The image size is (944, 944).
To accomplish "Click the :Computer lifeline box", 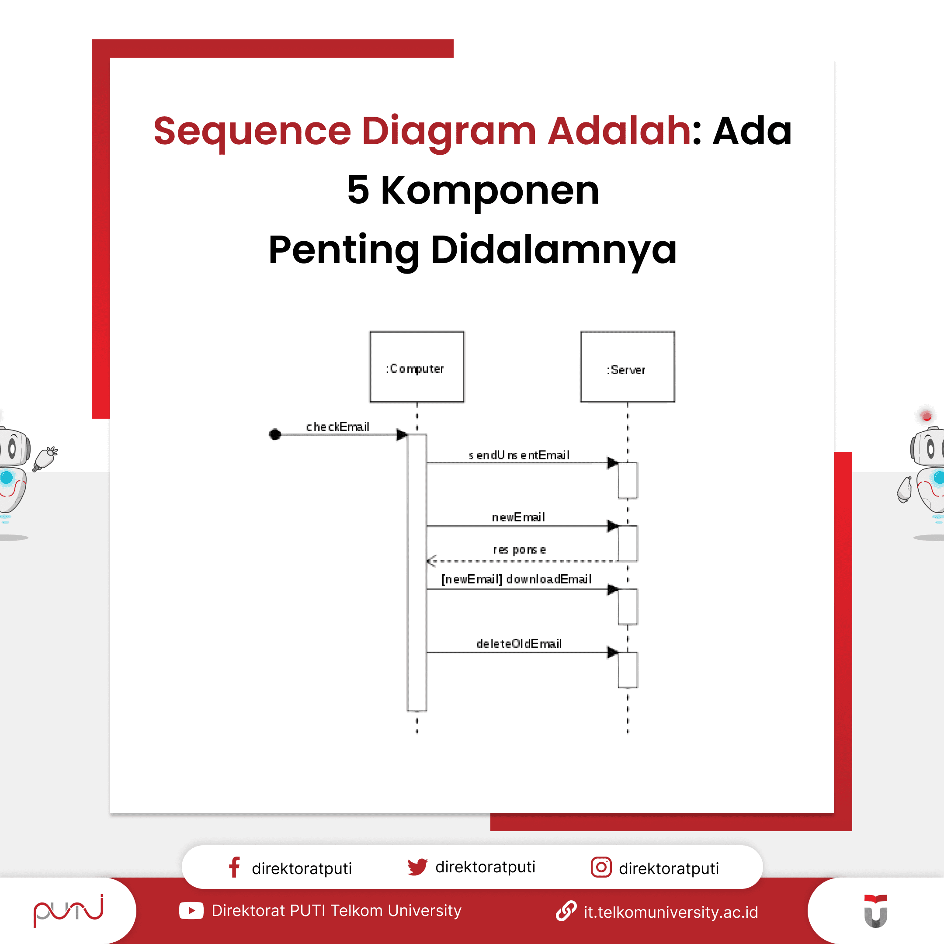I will click(x=416, y=367).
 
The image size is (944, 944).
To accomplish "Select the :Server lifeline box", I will click(x=628, y=367).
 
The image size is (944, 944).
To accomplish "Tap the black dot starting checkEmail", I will click(x=275, y=434).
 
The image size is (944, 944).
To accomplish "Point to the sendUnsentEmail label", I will click(x=519, y=455).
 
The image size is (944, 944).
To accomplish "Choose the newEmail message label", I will click(x=518, y=517).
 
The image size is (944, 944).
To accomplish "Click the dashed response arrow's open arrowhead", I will click(x=430, y=560).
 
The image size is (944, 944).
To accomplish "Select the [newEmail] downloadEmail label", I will click(x=517, y=579).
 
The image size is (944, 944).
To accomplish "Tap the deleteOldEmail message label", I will click(x=519, y=643).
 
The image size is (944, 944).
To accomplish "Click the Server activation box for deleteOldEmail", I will click(x=628, y=670).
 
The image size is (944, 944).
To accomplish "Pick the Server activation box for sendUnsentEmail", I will click(x=628, y=480).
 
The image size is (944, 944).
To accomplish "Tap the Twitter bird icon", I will click(x=417, y=867).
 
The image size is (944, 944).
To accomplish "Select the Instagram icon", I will click(x=601, y=867).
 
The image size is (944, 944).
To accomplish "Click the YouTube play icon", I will click(x=191, y=911).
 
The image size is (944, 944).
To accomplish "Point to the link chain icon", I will click(x=566, y=911).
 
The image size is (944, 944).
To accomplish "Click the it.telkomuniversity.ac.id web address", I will click(x=670, y=912).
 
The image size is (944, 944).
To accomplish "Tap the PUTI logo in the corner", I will click(x=69, y=910).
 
